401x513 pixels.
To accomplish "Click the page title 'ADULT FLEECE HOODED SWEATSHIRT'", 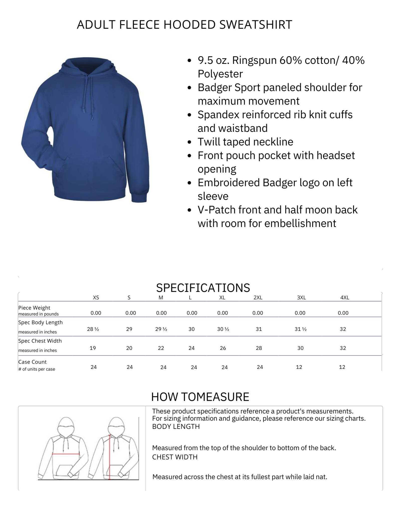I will (x=184, y=25).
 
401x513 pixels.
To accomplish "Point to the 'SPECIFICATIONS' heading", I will (x=203, y=288).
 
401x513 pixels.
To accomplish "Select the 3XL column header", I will (x=301, y=298).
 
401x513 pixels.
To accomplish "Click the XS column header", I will (x=96, y=298).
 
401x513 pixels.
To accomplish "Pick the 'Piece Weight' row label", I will (x=34, y=308).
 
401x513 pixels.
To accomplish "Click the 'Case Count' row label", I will (x=33, y=362).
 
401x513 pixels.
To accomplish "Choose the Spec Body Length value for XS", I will (x=93, y=329).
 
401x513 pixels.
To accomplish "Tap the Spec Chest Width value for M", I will (x=161, y=348).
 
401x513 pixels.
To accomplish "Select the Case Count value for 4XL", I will (x=342, y=367).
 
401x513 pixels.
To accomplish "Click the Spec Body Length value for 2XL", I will (x=259, y=329).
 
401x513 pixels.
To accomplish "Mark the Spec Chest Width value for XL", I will (x=223, y=348).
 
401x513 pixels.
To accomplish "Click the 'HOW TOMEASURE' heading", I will (x=200, y=397).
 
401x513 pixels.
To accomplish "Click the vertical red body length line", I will (x=110, y=458).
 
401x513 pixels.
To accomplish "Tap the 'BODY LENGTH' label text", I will (x=176, y=427).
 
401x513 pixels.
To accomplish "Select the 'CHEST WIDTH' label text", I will (x=175, y=457).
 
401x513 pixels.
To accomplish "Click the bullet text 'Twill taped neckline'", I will (x=245, y=142).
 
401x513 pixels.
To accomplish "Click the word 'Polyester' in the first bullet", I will (x=220, y=74).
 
